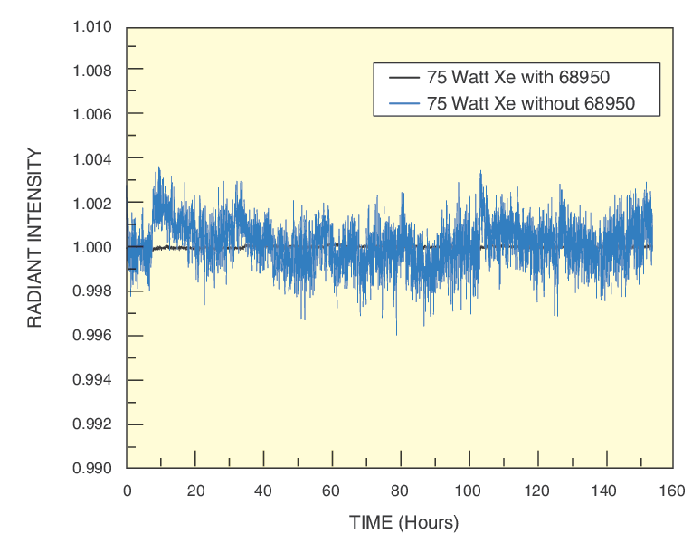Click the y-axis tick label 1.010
point(92,25)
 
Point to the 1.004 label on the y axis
point(92,158)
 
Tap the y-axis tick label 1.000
point(92,247)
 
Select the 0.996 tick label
point(92,336)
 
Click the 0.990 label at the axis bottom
point(92,469)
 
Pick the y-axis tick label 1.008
point(92,70)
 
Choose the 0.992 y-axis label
point(92,424)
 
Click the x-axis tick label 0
point(127,491)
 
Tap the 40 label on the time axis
point(264,491)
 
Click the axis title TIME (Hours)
point(404,523)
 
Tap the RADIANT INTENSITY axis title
point(35,238)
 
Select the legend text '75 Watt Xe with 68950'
point(524,78)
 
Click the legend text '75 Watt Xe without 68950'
point(532,103)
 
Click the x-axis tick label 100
point(469,491)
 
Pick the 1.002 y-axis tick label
point(92,203)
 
